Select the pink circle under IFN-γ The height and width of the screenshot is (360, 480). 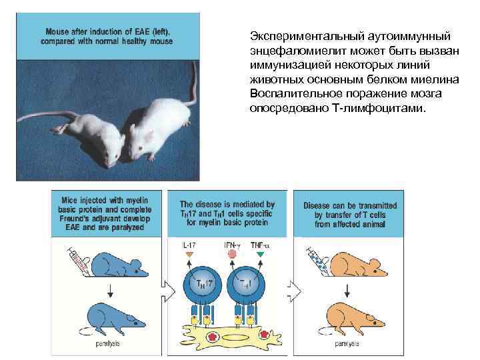(231, 254)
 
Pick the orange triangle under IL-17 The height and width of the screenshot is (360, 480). (189, 254)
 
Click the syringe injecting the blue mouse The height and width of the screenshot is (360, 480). (78, 261)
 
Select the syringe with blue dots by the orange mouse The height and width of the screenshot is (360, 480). (317, 261)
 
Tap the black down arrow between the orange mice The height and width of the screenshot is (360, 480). (347, 291)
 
